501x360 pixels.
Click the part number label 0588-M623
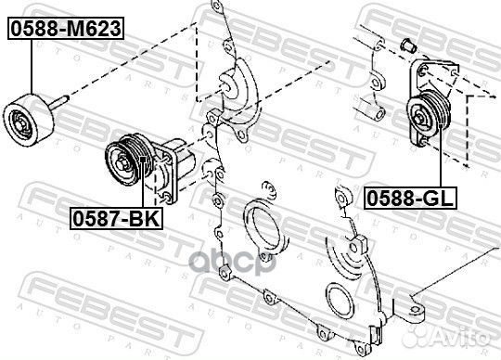pyautogui.click(x=65, y=29)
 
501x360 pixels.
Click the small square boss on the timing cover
pyautogui.click(x=355, y=244)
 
